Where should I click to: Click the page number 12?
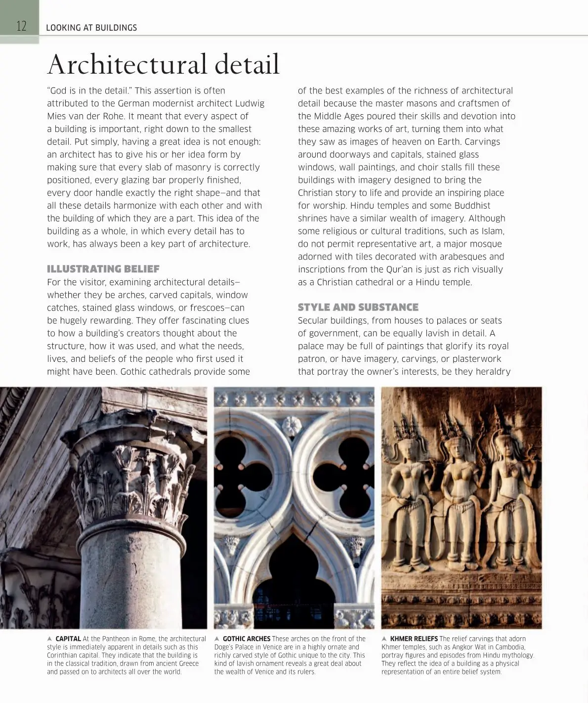click(x=21, y=26)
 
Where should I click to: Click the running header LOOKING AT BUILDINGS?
click(x=91, y=28)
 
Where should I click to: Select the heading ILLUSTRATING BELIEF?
click(x=103, y=269)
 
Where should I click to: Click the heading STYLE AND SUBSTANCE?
click(x=358, y=307)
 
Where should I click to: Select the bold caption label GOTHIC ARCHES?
click(x=246, y=639)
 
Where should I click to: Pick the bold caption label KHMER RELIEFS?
click(x=414, y=639)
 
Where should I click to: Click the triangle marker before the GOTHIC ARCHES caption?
click(x=217, y=639)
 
